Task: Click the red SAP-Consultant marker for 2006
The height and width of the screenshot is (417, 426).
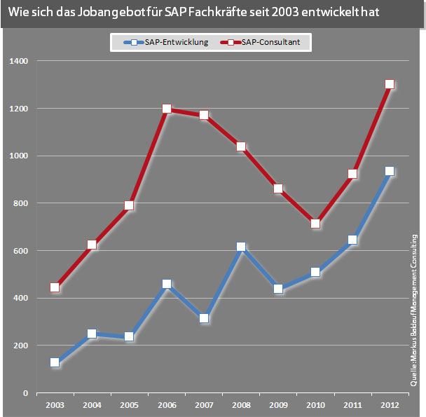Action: pyautogui.click(x=167, y=109)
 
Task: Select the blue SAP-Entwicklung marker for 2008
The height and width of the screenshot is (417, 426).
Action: pyautogui.click(x=241, y=247)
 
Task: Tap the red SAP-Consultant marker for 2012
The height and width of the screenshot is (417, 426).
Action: pyautogui.click(x=390, y=84)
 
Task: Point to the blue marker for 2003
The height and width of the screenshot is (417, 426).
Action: pyautogui.click(x=55, y=362)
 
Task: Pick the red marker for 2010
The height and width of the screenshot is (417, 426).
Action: pyautogui.click(x=315, y=224)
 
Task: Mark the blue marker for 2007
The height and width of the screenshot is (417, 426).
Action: pyautogui.click(x=204, y=318)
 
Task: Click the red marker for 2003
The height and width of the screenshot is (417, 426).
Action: pyautogui.click(x=55, y=287)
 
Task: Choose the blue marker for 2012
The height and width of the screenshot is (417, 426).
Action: pyautogui.click(x=390, y=171)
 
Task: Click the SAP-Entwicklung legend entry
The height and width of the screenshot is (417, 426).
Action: pyautogui.click(x=166, y=43)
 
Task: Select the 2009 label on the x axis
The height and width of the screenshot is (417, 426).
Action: pyautogui.click(x=278, y=405)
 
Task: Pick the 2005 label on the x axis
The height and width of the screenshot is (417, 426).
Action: pyautogui.click(x=129, y=405)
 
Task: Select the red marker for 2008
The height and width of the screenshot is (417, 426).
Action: pyautogui.click(x=241, y=146)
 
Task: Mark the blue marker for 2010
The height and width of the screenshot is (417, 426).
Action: pyautogui.click(x=315, y=272)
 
